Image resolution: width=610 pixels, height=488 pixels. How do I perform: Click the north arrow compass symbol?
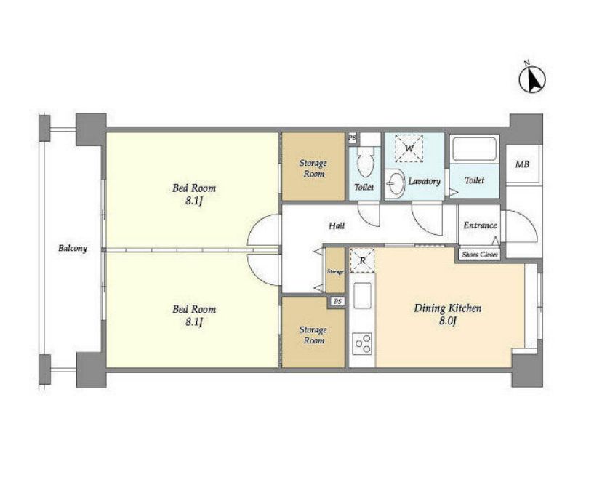(x=532, y=79)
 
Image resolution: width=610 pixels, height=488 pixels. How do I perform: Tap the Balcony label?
(x=73, y=248)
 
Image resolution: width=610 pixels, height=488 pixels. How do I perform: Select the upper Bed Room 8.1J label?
(x=193, y=194)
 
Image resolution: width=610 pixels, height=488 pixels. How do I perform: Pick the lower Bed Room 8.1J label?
(x=193, y=315)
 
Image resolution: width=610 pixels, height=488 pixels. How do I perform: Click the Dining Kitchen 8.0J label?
(x=447, y=314)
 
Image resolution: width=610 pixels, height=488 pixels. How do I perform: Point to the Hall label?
(x=337, y=225)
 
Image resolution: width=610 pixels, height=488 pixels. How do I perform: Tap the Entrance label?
(x=480, y=225)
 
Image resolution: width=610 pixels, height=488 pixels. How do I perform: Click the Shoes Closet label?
(x=480, y=255)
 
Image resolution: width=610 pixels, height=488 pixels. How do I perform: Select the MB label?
(x=522, y=164)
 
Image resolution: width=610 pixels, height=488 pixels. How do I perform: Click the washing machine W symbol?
(x=409, y=148)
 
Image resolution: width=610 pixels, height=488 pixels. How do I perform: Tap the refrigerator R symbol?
(x=362, y=260)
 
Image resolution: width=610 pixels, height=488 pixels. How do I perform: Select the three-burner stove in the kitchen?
(x=362, y=343)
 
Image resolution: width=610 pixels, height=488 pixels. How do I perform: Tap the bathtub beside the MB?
(x=474, y=148)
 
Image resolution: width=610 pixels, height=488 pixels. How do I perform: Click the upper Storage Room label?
(x=313, y=168)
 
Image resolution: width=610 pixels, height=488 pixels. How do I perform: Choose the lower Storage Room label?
(x=313, y=335)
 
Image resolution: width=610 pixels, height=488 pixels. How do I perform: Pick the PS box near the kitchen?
(x=337, y=302)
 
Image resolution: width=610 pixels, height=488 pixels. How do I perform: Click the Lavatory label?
(x=424, y=181)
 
